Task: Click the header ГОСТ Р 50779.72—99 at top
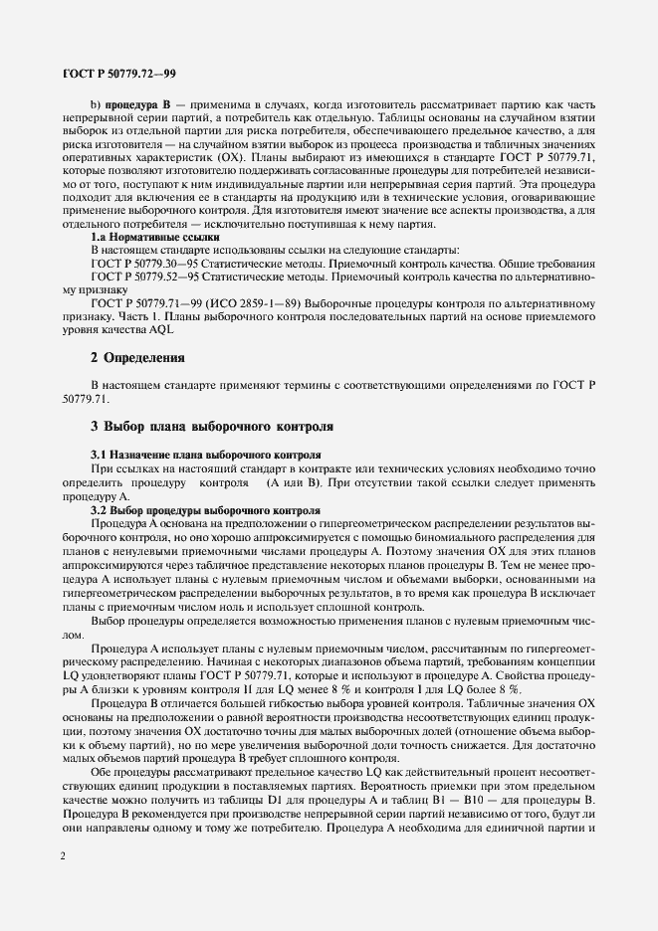pos(119,74)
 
